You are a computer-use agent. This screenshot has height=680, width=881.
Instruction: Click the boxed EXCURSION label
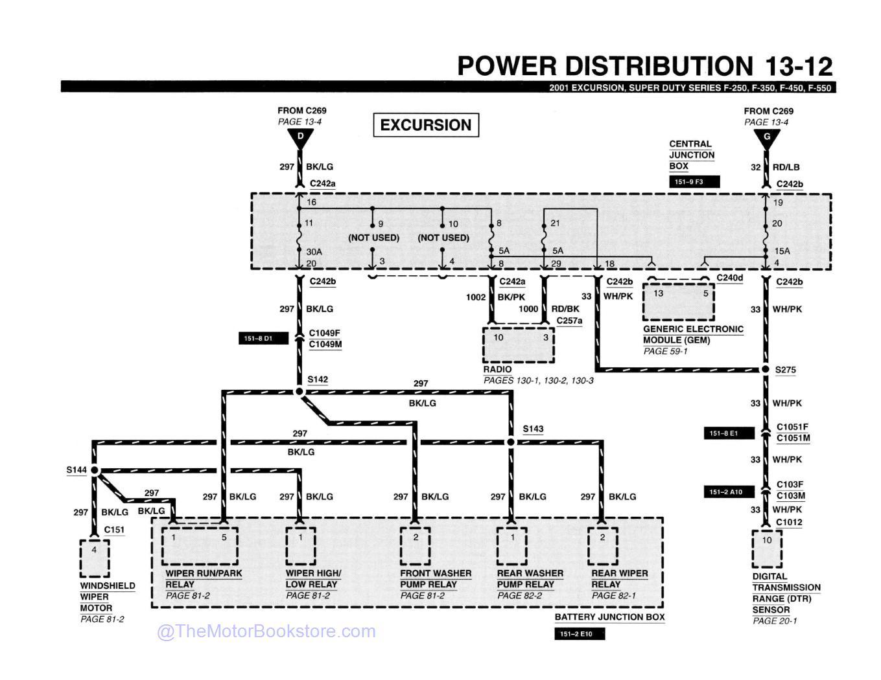point(426,125)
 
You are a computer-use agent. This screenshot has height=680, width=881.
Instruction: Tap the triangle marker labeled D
point(300,137)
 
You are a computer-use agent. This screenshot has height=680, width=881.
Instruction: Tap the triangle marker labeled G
point(766,137)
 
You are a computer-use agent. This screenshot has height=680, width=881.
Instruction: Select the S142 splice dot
point(300,392)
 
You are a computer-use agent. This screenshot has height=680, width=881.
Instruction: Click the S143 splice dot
point(510,442)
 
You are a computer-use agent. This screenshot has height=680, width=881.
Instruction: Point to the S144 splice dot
point(95,470)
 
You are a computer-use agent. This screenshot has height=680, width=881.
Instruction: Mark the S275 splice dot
point(766,370)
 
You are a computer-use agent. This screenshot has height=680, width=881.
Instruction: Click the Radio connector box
point(519,345)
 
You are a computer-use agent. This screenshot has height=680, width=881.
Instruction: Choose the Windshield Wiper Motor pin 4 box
point(95,558)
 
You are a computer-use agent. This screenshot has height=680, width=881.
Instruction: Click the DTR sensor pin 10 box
point(767,549)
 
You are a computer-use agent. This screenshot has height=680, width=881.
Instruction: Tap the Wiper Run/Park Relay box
point(200,545)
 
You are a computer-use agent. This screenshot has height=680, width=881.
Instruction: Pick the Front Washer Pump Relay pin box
point(415,545)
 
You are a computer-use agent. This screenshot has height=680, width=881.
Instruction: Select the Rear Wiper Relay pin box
point(602,545)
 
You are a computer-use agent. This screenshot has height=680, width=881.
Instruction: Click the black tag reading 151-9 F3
point(694,182)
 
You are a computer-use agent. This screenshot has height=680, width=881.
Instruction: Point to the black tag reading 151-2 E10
point(579,634)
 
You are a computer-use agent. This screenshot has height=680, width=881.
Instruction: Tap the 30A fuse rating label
point(314,251)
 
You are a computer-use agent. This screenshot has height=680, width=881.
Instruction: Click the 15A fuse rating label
point(782,251)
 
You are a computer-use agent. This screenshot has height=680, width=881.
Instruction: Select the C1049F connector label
point(324,334)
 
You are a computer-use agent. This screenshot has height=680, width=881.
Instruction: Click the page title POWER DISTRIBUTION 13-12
point(644,66)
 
